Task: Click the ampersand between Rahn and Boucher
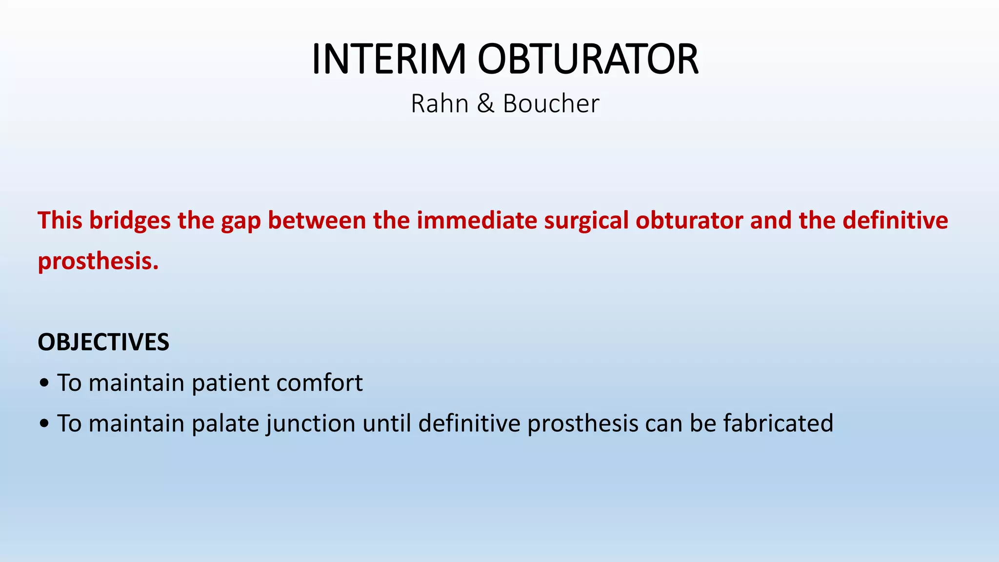pyautogui.click(x=485, y=103)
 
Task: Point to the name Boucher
pyautogui.click(x=551, y=103)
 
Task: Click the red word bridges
pyautogui.click(x=130, y=221)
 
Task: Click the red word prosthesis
pyautogui.click(x=98, y=261)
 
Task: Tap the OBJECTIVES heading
pyautogui.click(x=103, y=342)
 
